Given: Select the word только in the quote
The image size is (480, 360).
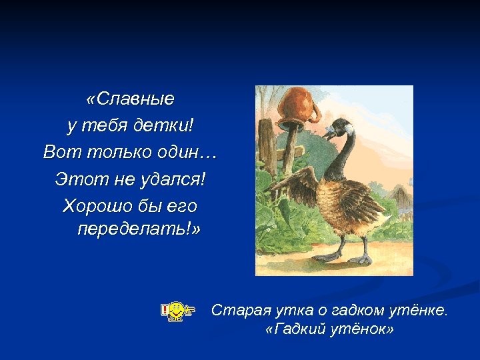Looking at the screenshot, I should [128, 152].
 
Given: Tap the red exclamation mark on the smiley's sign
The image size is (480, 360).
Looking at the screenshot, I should [165, 310].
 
